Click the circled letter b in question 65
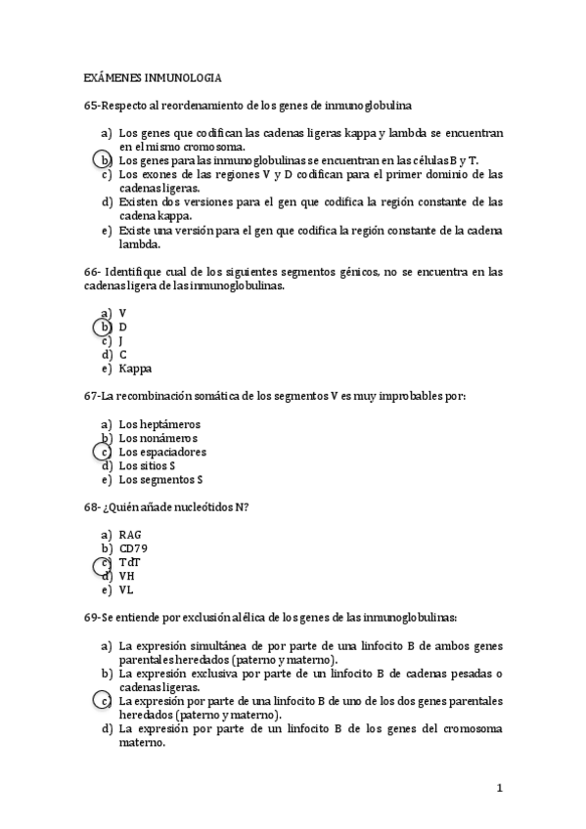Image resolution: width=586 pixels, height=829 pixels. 104,160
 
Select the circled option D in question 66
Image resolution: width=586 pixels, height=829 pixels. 123,327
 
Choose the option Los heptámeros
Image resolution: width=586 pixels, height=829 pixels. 159,424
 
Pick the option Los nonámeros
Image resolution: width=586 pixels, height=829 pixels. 159,438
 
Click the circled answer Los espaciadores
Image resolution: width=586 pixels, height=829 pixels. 162,453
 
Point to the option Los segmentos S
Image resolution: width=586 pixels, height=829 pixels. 160,480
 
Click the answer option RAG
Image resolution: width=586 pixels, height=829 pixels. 130,535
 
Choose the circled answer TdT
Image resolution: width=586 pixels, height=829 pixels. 129,563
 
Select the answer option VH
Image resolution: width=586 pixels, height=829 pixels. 127,577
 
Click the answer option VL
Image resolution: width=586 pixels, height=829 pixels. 126,590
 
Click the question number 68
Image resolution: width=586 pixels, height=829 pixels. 93,507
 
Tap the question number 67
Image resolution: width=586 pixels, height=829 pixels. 93,396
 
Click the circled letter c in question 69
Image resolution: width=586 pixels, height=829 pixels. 103,701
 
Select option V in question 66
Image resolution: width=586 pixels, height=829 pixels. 122,313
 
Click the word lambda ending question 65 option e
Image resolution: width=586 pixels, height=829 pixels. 139,244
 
